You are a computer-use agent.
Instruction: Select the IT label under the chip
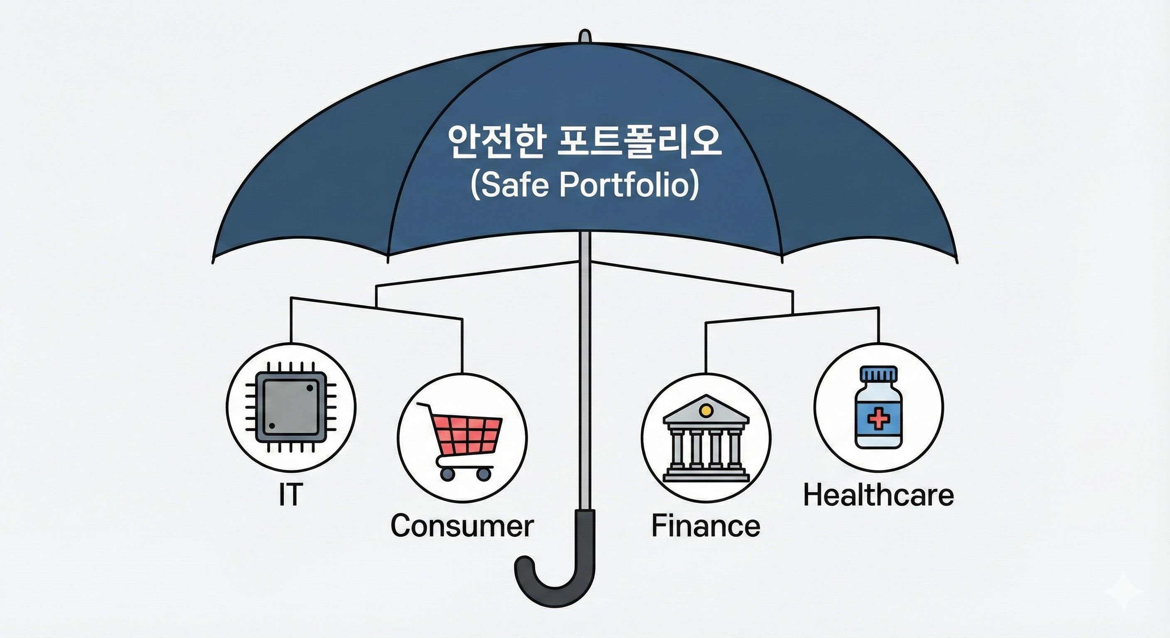click(x=290, y=495)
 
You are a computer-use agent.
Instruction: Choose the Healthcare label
click(x=878, y=496)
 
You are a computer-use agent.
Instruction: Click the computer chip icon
click(x=291, y=407)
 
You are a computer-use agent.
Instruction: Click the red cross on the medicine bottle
click(x=878, y=418)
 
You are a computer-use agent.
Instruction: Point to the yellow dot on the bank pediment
click(x=705, y=410)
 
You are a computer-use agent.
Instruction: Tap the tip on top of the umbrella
click(x=585, y=36)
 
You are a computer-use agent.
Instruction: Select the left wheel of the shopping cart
click(x=447, y=474)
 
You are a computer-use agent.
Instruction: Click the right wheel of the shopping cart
click(x=484, y=474)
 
